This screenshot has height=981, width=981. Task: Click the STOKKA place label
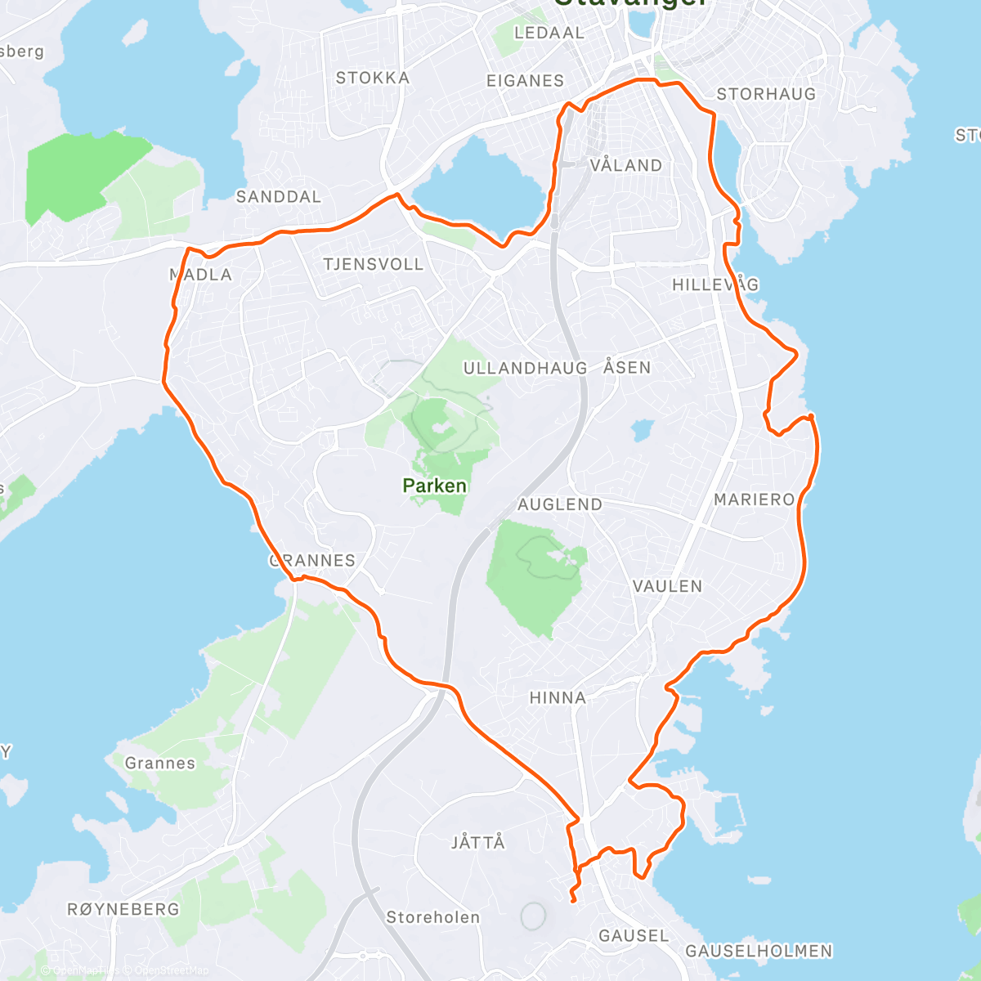click(372, 78)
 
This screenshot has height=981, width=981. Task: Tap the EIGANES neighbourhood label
click(525, 81)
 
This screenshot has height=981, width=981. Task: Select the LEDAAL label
click(549, 34)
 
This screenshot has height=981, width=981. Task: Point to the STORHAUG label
click(766, 95)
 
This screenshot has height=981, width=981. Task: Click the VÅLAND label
click(626, 166)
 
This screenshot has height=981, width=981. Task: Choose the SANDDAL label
click(278, 197)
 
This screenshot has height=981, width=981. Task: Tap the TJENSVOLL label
click(373, 265)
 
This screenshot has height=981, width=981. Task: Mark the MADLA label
click(201, 275)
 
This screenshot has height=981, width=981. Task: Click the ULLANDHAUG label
click(525, 369)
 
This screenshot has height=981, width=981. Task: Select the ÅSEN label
click(627, 368)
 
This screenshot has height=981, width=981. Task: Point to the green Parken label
click(434, 486)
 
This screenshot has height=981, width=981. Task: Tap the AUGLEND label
click(560, 505)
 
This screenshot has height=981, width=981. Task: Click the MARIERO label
click(754, 499)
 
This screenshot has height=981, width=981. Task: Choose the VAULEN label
click(667, 586)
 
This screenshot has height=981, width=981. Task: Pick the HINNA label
click(558, 698)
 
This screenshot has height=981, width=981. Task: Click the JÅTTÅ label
click(478, 842)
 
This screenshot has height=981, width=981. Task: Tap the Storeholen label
click(432, 917)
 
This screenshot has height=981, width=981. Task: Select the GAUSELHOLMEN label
click(759, 951)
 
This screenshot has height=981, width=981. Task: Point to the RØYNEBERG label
click(123, 909)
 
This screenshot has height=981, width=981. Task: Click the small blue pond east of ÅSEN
click(643, 429)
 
